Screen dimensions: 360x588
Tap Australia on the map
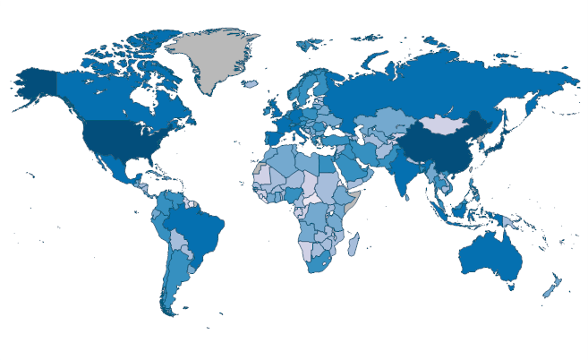click(488, 255)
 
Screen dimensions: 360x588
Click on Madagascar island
click(354, 244)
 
